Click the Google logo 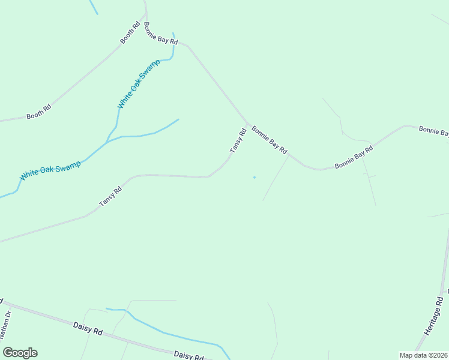pos(20,353)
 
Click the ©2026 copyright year pos(438,355)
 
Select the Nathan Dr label pos(5,324)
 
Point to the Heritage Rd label pos(433,316)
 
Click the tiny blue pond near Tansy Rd pos(254,177)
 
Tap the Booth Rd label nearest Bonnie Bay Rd pos(130,34)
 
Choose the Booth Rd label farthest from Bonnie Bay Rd pos(38,112)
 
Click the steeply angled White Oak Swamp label pos(139,84)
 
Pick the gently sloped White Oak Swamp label pos(50,170)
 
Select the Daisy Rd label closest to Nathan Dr pos(88,328)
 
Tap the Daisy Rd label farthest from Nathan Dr pos(188,356)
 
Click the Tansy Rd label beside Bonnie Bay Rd pos(238,140)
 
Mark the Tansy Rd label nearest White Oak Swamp pos(110,196)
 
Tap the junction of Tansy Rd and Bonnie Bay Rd pos(247,124)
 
